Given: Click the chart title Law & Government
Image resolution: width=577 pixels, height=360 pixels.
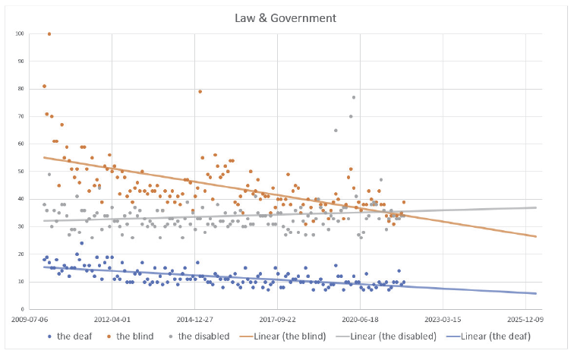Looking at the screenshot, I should (x=288, y=17).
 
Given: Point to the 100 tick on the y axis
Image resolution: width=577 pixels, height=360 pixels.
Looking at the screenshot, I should (x=20, y=33).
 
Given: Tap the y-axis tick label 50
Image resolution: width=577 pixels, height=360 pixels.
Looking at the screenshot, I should (x=22, y=172).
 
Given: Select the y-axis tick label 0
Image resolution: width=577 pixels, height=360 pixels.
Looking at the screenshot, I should (x=24, y=310).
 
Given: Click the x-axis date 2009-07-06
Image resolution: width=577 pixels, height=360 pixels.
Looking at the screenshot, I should (x=30, y=320).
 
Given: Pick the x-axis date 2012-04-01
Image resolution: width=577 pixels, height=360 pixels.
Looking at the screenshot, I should (x=112, y=320).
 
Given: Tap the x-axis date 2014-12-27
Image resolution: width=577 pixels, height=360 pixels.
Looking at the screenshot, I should (x=195, y=320).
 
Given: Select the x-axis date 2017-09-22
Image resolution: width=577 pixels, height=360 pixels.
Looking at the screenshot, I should (x=278, y=320).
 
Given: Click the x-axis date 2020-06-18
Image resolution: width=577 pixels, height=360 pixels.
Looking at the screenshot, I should (x=361, y=320).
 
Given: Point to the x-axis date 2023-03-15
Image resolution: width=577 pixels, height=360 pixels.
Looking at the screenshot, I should (x=443, y=320).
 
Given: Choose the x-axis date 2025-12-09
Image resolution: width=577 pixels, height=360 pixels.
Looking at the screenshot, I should (x=525, y=320).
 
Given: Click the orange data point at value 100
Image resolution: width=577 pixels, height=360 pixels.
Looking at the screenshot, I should (x=49, y=33).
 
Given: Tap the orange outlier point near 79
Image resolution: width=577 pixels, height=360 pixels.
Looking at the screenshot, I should (x=200, y=91).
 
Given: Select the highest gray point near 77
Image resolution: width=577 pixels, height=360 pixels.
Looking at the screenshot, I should (x=353, y=97).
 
